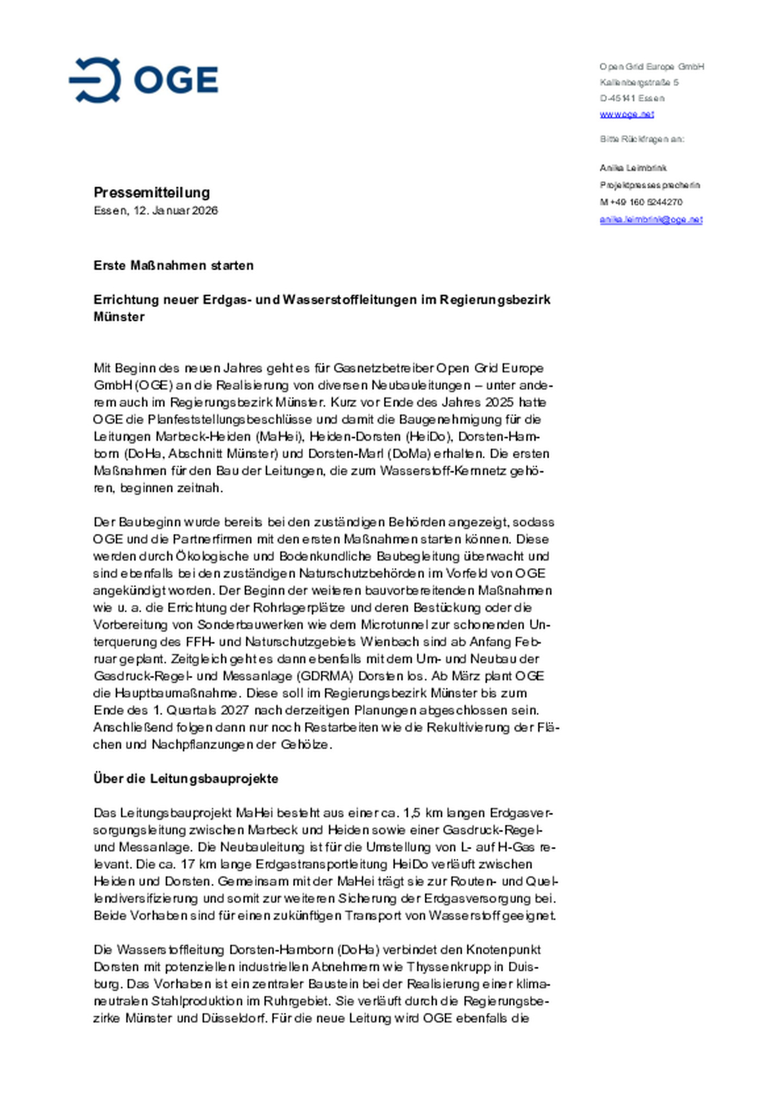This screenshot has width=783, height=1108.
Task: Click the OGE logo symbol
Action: click(x=95, y=80)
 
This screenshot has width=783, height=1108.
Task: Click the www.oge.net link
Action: click(x=626, y=114)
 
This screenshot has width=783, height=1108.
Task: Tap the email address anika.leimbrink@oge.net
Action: click(x=651, y=220)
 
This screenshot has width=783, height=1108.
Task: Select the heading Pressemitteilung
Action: click(x=152, y=192)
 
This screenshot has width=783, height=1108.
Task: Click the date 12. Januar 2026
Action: click(x=176, y=210)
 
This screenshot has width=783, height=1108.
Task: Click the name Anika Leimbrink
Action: click(x=633, y=168)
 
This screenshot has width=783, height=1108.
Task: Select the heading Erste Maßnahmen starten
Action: click(x=173, y=265)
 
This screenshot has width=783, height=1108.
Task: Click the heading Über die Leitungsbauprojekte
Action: click(x=185, y=779)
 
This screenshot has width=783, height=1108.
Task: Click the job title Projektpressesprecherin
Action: click(x=650, y=185)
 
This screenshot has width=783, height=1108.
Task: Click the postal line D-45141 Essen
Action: click(x=632, y=98)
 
